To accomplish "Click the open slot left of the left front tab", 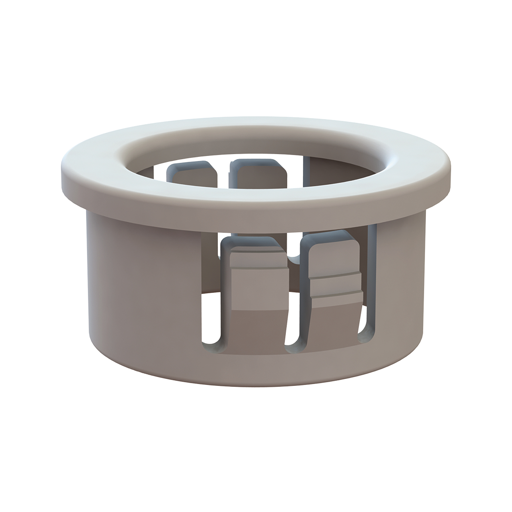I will click(x=211, y=317).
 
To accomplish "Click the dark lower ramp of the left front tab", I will click(x=258, y=326).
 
